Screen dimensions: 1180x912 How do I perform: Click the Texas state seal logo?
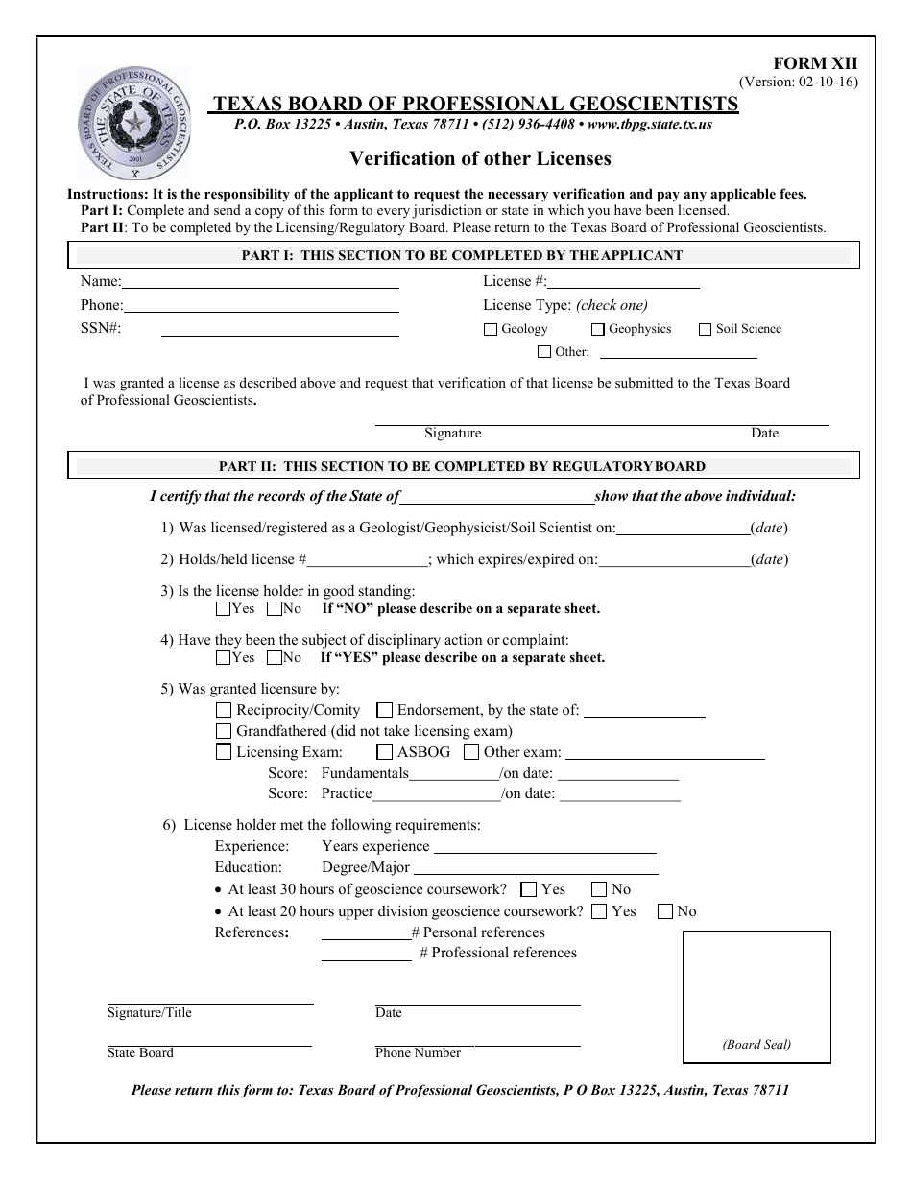[133, 124]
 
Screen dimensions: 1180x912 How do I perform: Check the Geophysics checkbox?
[597, 329]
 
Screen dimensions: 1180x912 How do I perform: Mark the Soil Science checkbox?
[705, 329]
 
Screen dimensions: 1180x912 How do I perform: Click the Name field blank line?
[260, 285]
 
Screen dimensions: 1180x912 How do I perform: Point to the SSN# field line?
[279, 333]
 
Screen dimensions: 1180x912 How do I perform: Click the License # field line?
[623, 285]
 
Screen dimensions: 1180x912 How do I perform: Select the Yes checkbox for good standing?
[223, 608]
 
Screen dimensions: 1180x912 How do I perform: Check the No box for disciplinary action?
[274, 657]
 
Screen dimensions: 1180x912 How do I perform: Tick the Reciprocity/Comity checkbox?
[224, 710]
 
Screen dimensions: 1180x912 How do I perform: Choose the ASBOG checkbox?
[384, 752]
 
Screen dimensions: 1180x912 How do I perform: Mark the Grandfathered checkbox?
[224, 731]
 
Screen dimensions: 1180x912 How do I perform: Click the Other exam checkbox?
[470, 752]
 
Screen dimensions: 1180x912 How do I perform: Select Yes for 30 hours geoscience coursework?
[528, 889]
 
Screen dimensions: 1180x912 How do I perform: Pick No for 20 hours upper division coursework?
[664, 911]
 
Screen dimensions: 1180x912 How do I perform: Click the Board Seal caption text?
[756, 1045]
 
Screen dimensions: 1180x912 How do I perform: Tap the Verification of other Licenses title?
[480, 158]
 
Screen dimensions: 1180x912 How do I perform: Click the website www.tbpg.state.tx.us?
[649, 125]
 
